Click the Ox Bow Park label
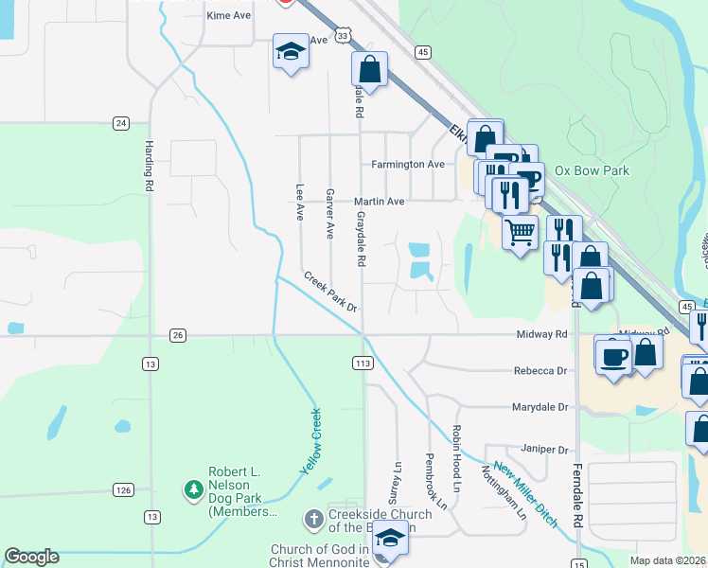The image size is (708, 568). point(592,171)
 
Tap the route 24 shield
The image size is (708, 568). point(120,123)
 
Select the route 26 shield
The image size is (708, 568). point(177,335)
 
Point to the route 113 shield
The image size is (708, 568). point(362,363)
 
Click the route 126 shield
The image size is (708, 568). point(123,489)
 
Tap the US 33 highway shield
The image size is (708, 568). point(343,35)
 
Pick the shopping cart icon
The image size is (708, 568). point(519,230)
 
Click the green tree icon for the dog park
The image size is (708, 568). point(193,489)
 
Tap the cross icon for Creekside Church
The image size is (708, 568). point(313,518)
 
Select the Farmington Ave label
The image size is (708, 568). point(407,165)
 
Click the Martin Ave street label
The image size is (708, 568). point(379,202)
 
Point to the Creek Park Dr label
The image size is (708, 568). point(330,292)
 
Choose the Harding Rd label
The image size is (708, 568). point(150,168)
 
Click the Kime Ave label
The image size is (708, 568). point(228,16)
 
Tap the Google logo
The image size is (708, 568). point(31,557)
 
